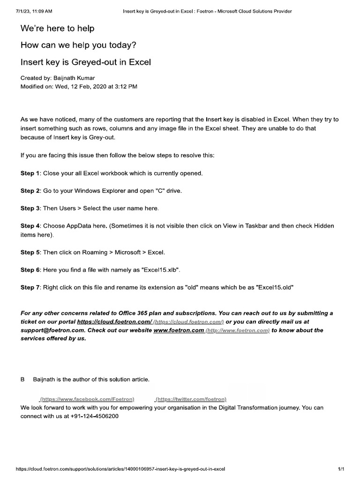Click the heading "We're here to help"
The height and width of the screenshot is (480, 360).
point(57,29)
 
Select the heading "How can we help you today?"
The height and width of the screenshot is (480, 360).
point(78,45)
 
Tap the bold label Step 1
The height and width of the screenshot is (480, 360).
point(30,173)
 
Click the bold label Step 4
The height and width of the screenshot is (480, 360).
point(30,226)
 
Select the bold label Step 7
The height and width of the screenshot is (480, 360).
point(30,287)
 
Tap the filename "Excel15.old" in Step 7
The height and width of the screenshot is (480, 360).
point(275,287)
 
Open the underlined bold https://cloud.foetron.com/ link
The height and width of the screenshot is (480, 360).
point(114,322)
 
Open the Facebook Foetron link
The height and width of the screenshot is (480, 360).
point(87,399)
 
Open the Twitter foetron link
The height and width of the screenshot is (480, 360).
point(191,399)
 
